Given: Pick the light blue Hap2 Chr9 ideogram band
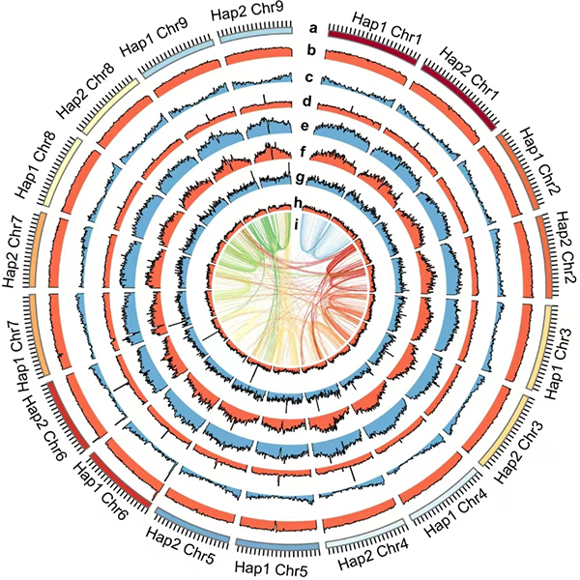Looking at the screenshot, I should click(x=254, y=31).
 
